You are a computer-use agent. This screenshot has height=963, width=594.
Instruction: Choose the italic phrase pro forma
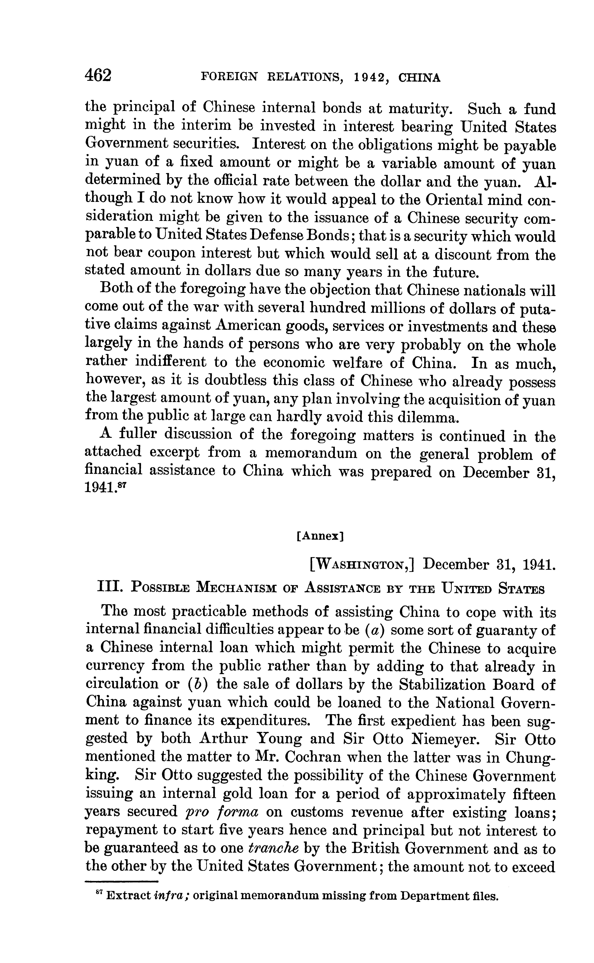click(221, 812)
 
